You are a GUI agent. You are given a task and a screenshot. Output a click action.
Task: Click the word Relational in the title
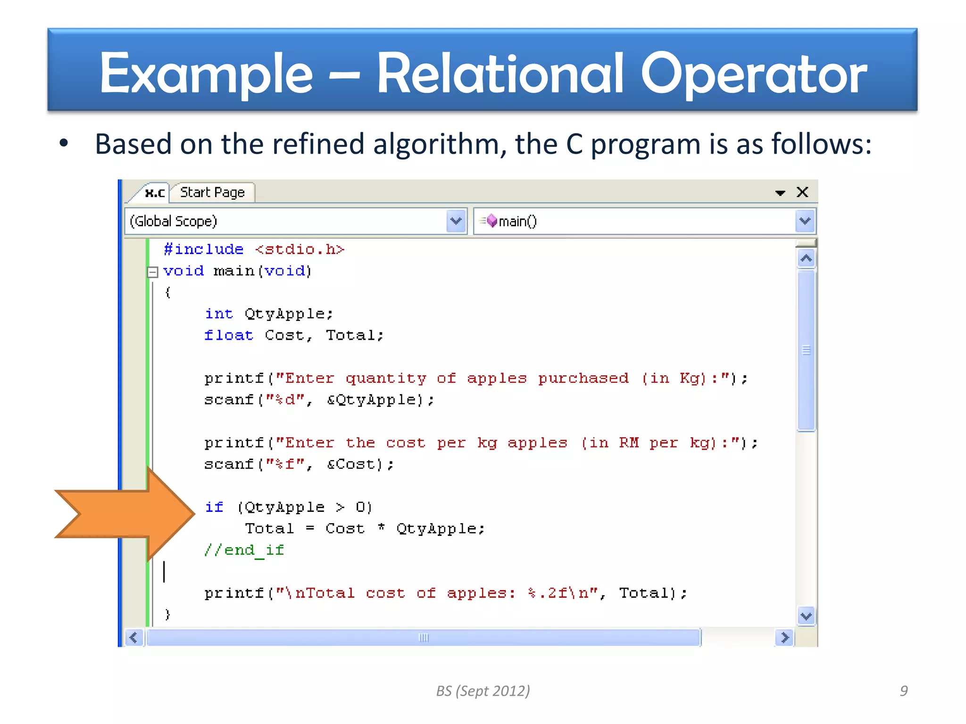tap(500, 74)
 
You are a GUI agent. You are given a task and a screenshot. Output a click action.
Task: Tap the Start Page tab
tap(212, 192)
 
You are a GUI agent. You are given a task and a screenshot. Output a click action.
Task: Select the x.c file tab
tap(155, 193)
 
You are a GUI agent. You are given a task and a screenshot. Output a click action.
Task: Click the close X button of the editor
tap(802, 192)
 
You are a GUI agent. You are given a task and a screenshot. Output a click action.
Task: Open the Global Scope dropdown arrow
tap(456, 221)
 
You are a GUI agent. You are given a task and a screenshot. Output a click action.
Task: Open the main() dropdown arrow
tap(805, 221)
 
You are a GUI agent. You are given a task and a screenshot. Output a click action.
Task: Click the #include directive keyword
tap(204, 249)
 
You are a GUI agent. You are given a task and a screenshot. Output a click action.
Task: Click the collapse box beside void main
tap(152, 272)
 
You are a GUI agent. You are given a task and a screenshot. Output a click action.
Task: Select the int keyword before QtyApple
tap(219, 313)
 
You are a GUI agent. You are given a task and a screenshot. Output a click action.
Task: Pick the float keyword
tap(228, 335)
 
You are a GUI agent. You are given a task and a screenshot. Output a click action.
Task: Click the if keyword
tap(214, 507)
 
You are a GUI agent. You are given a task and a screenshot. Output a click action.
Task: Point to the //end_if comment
tap(244, 550)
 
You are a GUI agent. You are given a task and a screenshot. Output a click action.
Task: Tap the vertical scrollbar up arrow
tap(806, 258)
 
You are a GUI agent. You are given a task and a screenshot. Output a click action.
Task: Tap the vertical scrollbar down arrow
tap(806, 616)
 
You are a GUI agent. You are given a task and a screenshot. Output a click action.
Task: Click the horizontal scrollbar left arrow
tap(133, 637)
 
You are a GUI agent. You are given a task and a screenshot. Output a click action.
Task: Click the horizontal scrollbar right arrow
tap(784, 637)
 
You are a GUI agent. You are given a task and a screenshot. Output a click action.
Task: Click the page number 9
tap(903, 691)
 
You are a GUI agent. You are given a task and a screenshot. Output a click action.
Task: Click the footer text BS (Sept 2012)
tap(483, 691)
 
